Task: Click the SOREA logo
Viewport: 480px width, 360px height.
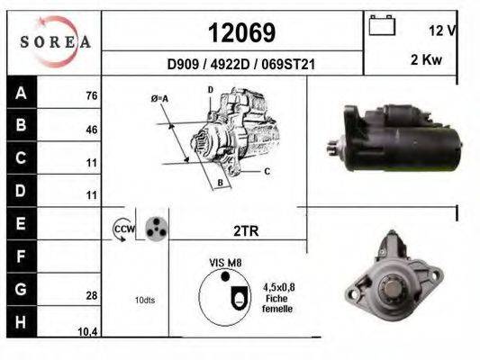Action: click(55, 42)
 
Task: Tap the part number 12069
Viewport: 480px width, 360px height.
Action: click(242, 32)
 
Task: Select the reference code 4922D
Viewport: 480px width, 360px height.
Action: click(230, 65)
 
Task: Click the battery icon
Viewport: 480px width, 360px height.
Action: click(382, 25)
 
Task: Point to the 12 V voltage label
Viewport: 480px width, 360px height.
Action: click(443, 31)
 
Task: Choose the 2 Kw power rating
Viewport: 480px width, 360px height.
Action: click(426, 59)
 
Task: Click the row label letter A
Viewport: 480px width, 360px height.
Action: click(21, 93)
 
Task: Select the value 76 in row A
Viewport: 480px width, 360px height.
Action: click(92, 95)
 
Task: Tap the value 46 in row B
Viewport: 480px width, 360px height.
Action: click(92, 130)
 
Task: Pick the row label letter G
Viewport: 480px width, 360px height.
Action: click(21, 289)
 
